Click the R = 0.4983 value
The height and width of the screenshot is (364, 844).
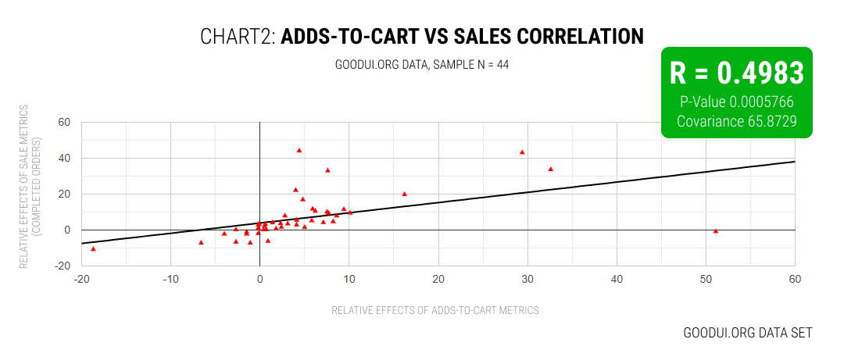tap(736, 73)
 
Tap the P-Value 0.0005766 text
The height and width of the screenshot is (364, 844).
tap(736, 102)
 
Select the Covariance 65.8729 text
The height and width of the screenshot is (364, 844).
tap(736, 121)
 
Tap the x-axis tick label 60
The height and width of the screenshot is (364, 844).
tap(795, 279)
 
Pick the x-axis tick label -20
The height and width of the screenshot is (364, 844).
tap(80, 279)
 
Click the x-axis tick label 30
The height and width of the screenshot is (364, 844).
tap(527, 279)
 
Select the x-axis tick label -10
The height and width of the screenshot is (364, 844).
tap(170, 279)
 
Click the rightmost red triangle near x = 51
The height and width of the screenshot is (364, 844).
tap(716, 231)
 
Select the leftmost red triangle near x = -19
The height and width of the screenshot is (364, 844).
tap(93, 249)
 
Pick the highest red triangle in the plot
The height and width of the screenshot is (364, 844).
tap(299, 150)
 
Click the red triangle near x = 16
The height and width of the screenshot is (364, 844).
tap(404, 194)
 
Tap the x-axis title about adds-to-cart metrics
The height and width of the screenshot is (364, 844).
tap(435, 310)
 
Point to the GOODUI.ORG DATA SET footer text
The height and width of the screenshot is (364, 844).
tap(748, 333)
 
